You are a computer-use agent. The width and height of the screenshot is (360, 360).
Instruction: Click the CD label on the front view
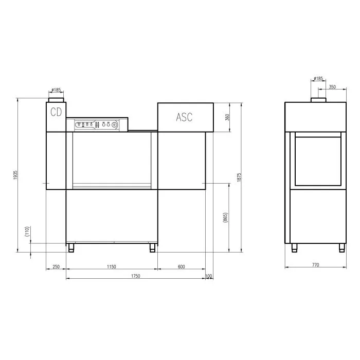pyautogui.click(x=56, y=112)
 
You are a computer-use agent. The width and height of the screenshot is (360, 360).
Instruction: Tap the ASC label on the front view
pyautogui.click(x=184, y=117)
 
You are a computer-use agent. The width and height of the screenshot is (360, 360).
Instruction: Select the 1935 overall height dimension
pyautogui.click(x=15, y=175)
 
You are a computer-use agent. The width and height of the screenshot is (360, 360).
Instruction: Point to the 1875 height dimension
pyautogui.click(x=239, y=177)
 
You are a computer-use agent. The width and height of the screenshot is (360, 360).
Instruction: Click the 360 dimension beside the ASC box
pyautogui.click(x=227, y=117)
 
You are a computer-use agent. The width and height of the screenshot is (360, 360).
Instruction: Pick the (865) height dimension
pyautogui.click(x=225, y=218)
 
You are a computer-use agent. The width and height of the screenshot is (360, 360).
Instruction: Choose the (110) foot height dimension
pyautogui.click(x=27, y=231)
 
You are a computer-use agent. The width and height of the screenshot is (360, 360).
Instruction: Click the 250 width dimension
pyautogui.click(x=56, y=266)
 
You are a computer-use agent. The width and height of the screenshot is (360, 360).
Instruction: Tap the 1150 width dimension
pyautogui.click(x=112, y=266)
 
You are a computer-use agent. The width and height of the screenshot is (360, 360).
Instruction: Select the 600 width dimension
pyautogui.click(x=182, y=266)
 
